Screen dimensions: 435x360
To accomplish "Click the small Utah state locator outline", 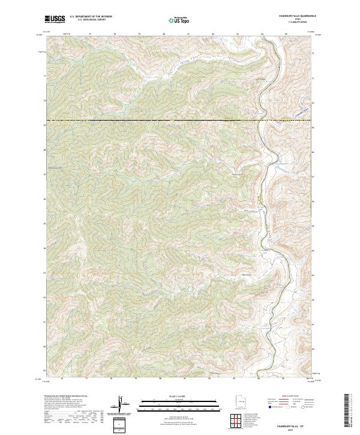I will click(x=238, y=400).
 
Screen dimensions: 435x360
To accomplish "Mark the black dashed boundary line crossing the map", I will click(x=150, y=121).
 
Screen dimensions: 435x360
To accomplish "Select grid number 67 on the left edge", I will click(x=44, y=175).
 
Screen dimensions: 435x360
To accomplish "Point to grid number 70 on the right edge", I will click(x=313, y=101).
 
